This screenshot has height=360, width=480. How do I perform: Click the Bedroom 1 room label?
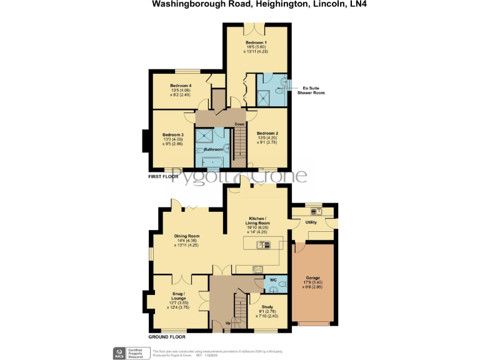(256, 43)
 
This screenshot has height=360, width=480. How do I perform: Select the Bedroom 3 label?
(173, 135)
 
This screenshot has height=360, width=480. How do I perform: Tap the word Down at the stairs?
(239, 124)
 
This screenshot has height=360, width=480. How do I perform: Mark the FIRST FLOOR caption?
(163, 177)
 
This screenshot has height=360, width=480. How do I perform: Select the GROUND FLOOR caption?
(167, 337)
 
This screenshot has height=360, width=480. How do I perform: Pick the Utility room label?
(311, 222)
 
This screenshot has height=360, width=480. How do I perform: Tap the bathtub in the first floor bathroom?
(211, 162)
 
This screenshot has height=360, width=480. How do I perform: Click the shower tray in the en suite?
(271, 95)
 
